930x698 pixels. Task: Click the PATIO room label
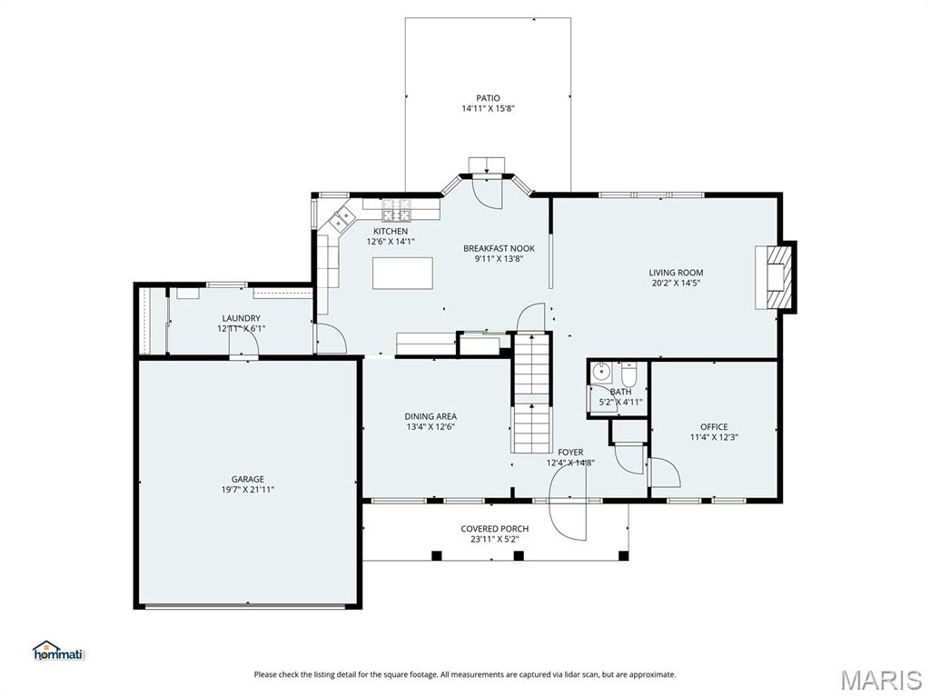click(488, 98)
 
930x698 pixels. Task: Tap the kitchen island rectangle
click(402, 273)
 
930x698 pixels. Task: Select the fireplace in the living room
click(777, 277)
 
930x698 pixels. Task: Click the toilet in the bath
click(628, 374)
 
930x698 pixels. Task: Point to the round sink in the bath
click(601, 371)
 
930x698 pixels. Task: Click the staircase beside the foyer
click(532, 393)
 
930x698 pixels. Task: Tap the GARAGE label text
click(247, 479)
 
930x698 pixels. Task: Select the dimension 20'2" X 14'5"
click(676, 283)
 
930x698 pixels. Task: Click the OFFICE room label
click(714, 426)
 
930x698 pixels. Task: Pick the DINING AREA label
click(430, 416)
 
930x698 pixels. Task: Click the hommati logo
click(58, 651)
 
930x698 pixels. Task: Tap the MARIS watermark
click(880, 680)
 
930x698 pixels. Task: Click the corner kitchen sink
click(341, 219)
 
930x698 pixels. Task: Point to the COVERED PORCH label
click(494, 528)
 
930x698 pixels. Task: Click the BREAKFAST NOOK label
click(499, 248)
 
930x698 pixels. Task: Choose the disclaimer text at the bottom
click(464, 674)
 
